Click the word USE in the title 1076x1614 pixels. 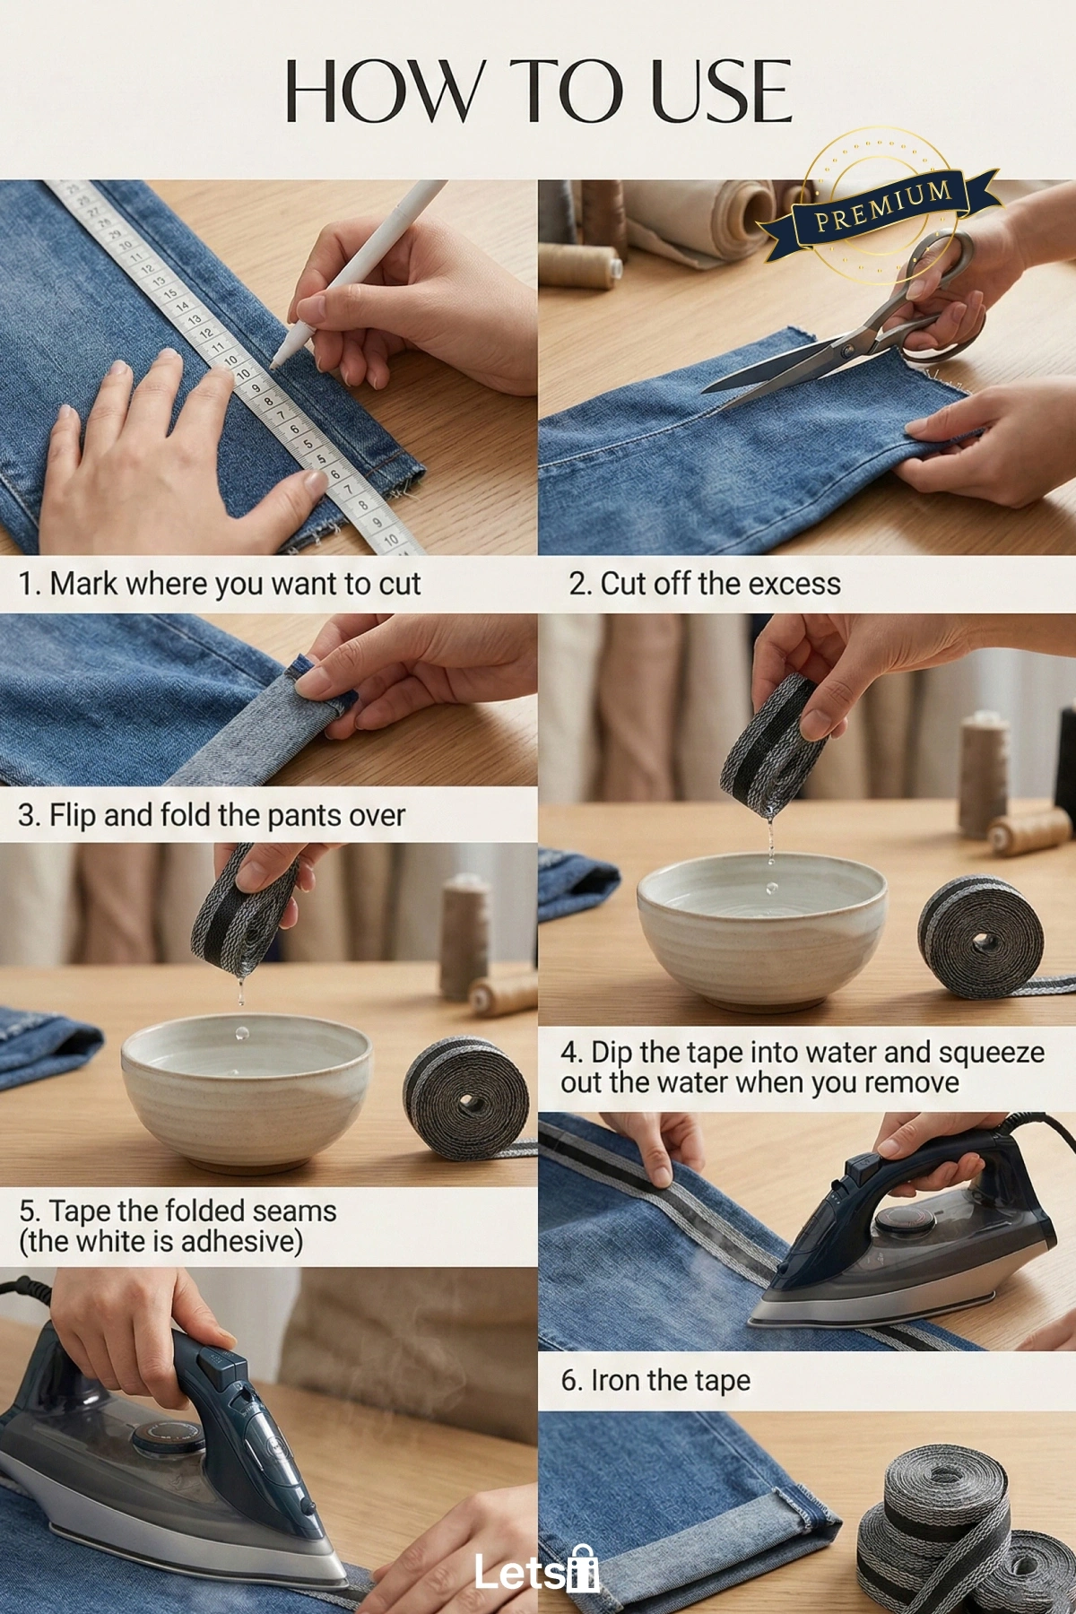(x=722, y=92)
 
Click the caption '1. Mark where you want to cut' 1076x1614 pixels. (x=220, y=584)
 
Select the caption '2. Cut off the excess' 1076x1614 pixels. (x=705, y=584)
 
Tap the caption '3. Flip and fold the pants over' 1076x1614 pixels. (x=212, y=815)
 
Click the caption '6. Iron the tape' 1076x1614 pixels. (x=655, y=1380)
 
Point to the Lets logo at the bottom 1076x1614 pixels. (x=536, y=1570)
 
